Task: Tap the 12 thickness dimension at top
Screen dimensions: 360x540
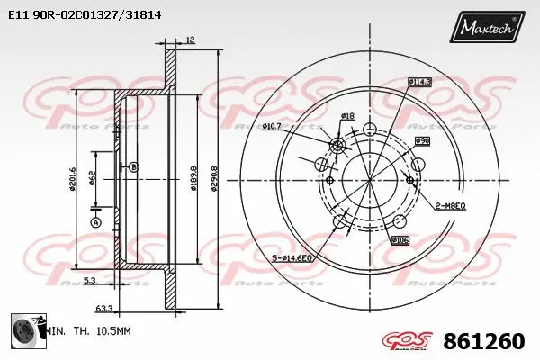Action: [x=190, y=39]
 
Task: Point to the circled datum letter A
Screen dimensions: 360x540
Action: [x=95, y=222]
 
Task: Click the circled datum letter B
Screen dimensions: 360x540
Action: [x=134, y=167]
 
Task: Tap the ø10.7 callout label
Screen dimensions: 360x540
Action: [x=272, y=126]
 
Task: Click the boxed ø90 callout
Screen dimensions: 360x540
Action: [x=421, y=141]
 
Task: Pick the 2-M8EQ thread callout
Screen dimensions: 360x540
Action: [x=449, y=205]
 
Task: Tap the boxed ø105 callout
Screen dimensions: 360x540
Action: [x=400, y=240]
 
